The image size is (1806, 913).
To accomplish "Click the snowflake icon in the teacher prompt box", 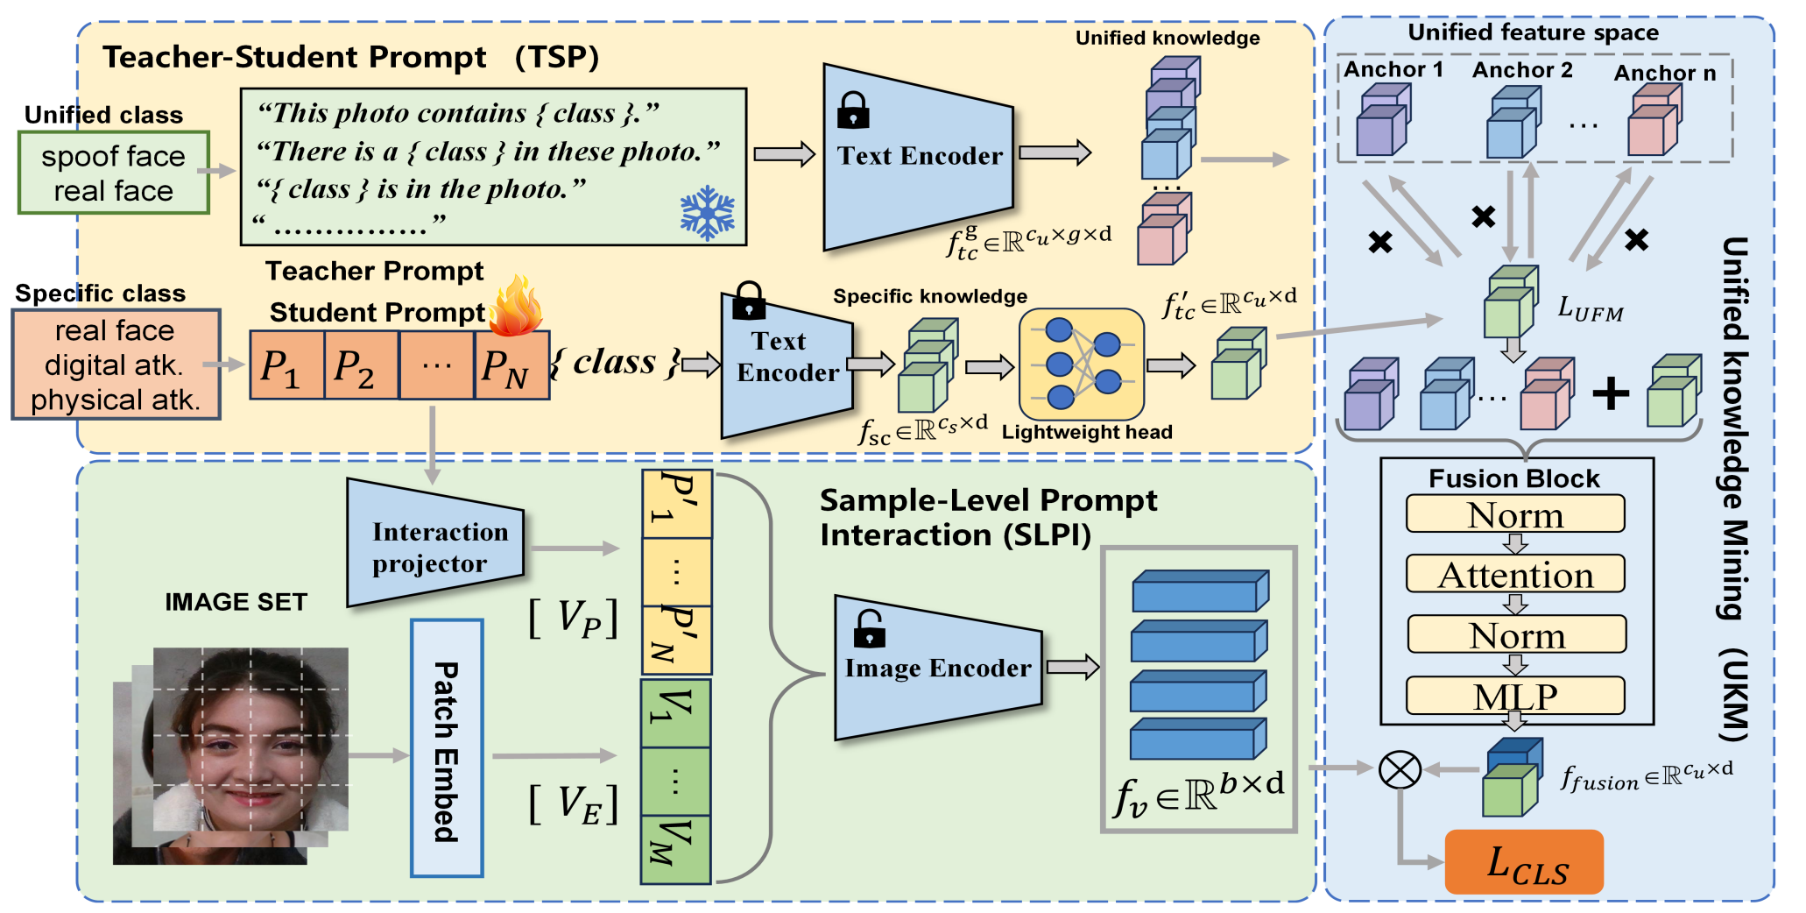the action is pos(707,213).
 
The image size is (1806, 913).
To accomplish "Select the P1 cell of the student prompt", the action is pos(287,365).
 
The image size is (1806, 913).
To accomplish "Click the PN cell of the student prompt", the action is pos(512,365).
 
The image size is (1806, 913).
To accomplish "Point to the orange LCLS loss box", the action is pos(1524,861).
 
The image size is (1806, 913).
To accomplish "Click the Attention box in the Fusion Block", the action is pos(1515,574).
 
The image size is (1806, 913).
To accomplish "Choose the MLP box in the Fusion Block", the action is pos(1515,696).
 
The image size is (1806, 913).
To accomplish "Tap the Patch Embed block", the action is pos(447,748).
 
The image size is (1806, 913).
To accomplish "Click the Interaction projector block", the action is pos(435,543).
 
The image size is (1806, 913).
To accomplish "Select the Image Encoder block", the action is pos(938,668).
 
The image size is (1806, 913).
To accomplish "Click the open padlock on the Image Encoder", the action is pos(869,629).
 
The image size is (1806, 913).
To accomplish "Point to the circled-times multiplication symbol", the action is pos(1400,770).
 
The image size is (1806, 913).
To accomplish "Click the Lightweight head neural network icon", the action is pos(1082,364).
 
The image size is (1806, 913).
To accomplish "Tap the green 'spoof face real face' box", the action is pos(114,173).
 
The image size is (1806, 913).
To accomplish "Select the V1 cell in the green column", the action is pos(676,713).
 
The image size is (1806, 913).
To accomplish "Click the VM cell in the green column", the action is pos(676,850).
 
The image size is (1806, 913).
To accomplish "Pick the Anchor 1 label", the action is pos(1393,69).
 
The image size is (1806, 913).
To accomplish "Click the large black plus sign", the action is pos(1611,393).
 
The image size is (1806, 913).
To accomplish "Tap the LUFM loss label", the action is pos(1591,308).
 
